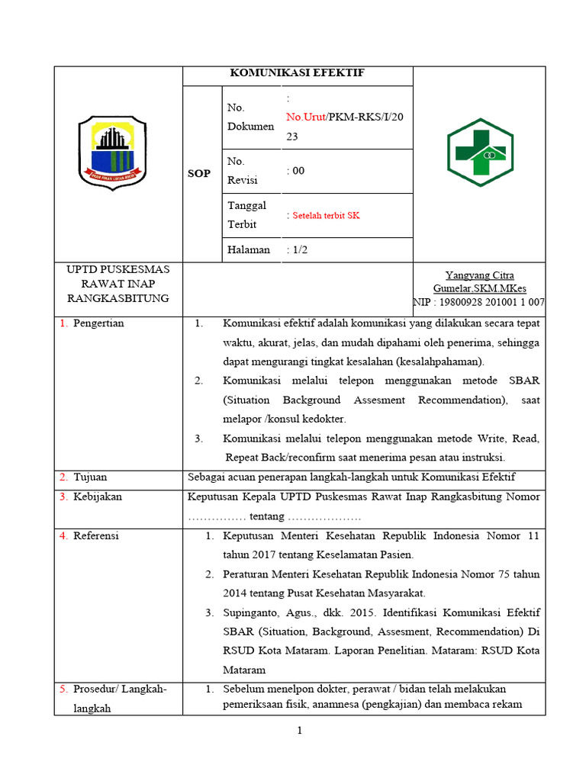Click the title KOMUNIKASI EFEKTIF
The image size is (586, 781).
click(298, 73)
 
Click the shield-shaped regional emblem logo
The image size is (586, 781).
click(114, 153)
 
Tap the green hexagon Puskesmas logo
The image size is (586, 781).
click(479, 153)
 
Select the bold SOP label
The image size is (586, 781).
click(199, 174)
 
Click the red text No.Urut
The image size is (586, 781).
click(306, 117)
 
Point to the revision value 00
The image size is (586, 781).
click(298, 171)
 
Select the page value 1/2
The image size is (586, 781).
click(298, 249)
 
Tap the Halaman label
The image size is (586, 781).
click(248, 249)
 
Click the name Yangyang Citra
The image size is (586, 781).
click(479, 275)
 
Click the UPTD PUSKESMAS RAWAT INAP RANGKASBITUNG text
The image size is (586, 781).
click(118, 283)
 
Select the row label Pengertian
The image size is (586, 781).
click(98, 323)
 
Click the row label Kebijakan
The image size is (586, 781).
click(98, 497)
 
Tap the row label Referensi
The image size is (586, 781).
click(96, 535)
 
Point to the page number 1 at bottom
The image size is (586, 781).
click(300, 731)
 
